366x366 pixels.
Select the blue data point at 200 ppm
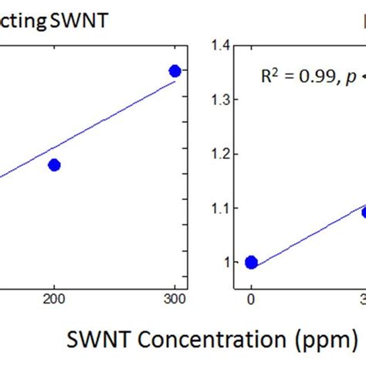[x=54, y=164]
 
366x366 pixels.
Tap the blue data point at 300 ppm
[x=175, y=71]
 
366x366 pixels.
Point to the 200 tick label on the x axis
[x=54, y=302]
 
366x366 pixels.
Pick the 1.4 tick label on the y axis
[x=222, y=46]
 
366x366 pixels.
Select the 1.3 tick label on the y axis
[x=222, y=100]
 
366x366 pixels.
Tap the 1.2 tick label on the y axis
[x=222, y=154]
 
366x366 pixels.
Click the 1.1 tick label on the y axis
[x=222, y=208]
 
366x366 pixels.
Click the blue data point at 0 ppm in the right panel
[x=251, y=263]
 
